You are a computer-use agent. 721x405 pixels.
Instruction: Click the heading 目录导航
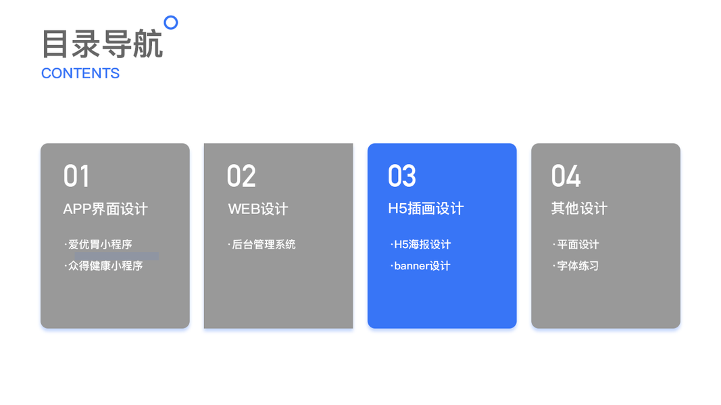102,45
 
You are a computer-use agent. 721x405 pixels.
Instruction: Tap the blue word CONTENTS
80,74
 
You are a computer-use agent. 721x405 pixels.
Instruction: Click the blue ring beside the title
171,23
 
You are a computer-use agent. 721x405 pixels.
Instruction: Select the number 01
76,177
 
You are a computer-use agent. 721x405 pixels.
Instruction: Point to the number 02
241,177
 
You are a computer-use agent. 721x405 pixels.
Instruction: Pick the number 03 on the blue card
402,177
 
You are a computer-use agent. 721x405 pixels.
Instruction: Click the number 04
566,177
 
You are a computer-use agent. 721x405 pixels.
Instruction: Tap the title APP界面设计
105,209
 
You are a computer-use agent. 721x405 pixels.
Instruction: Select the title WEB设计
258,209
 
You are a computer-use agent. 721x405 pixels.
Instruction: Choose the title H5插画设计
426,209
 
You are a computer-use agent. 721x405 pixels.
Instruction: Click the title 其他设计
579,209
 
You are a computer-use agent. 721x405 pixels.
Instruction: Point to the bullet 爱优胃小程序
100,244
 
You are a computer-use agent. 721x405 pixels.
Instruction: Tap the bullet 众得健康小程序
105,266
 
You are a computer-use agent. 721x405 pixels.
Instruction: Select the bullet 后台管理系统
264,244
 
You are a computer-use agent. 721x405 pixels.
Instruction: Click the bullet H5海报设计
422,244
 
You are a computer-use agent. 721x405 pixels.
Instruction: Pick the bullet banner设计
422,266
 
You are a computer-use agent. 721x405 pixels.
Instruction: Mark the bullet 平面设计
578,244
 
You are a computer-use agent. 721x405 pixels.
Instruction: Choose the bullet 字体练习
578,266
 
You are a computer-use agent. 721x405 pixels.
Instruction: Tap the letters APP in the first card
76,209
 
